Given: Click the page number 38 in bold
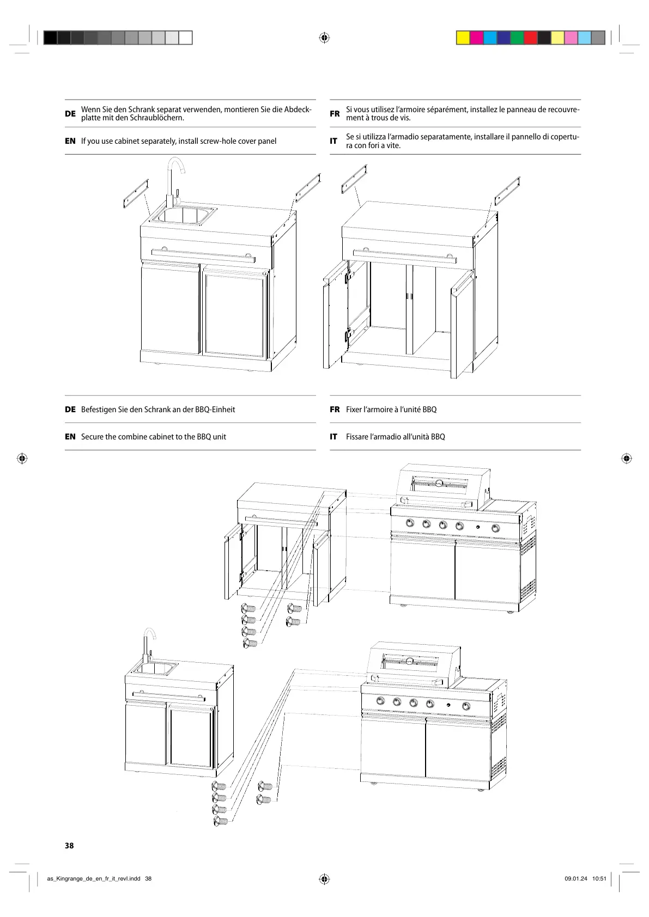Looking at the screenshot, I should pos(69,845).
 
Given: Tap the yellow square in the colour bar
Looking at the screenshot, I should pos(463,38).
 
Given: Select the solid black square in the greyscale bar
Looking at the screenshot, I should pos(50,38).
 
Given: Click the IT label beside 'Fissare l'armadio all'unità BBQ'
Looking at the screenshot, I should pos(333,437).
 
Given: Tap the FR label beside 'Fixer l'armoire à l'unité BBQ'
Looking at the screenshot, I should pos(335,409).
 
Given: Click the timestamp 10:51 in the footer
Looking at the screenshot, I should pos(599,878).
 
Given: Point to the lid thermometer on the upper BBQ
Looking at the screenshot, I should pos(438,484).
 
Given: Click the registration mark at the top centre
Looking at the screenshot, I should pos(324,38).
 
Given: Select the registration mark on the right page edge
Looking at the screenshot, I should pos(626,458).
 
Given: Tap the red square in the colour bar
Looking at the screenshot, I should pos(530,38).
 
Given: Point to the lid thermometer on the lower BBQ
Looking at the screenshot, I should pos(409,661).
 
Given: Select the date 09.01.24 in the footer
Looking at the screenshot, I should pos(576,878).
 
